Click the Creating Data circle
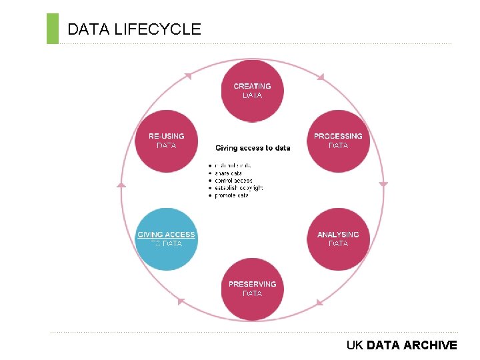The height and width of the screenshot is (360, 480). (252, 91)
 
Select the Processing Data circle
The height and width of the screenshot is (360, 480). (338, 141)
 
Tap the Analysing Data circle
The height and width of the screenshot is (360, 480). (338, 239)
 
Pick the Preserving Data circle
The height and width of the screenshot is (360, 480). (252, 289)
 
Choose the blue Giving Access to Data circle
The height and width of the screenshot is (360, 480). (166, 239)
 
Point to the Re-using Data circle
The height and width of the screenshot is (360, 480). (166, 141)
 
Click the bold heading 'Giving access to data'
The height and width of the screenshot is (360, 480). (253, 148)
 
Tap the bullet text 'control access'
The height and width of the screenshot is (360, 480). (234, 180)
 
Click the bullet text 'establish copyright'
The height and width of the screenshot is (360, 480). (239, 188)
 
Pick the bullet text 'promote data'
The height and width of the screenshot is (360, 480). (232, 195)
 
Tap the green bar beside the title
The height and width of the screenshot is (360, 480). (53, 29)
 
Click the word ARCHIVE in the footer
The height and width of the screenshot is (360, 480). (430, 345)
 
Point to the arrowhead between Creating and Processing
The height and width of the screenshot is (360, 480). (320, 77)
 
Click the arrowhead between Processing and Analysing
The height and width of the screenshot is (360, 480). (383, 184)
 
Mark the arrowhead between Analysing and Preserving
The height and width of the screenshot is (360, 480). (320, 303)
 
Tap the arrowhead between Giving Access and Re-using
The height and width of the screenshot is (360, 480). (121, 185)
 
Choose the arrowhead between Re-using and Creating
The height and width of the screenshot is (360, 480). (187, 76)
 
